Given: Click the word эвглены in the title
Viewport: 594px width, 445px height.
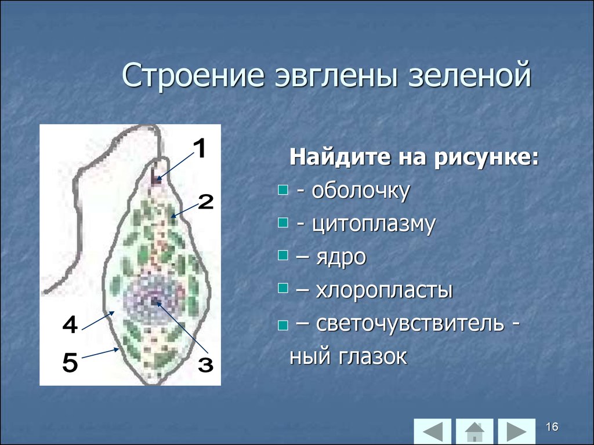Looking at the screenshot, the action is click(x=335, y=76).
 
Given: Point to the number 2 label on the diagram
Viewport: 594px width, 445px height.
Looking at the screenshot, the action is click(x=206, y=202).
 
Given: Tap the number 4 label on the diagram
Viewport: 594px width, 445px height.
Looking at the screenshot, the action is click(x=70, y=324).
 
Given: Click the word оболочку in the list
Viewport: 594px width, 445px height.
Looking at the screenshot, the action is click(x=361, y=191).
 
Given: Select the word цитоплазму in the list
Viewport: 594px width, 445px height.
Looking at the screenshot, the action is click(x=374, y=224).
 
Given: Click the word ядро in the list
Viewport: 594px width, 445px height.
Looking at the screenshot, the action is click(x=341, y=258).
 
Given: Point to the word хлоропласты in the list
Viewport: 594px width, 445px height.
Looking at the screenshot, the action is click(x=384, y=290).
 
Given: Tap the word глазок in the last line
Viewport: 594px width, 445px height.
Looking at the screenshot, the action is click(x=373, y=356).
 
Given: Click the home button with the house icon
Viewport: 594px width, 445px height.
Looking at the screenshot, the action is click(x=475, y=431).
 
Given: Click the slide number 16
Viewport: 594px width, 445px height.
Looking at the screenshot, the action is click(x=552, y=427).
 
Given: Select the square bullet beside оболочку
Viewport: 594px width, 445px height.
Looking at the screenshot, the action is click(x=283, y=189).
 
